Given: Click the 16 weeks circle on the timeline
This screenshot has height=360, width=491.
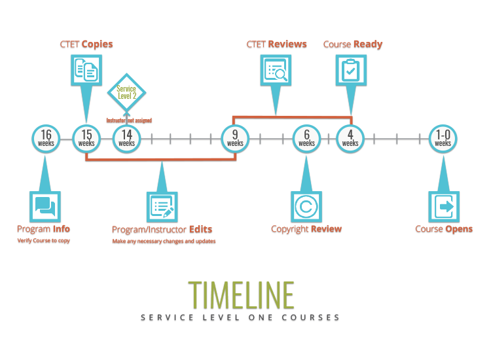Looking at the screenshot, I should click(x=45, y=139).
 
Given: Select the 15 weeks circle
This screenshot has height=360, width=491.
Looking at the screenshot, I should click(x=86, y=139).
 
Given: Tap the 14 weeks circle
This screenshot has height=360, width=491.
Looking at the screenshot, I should click(x=126, y=139).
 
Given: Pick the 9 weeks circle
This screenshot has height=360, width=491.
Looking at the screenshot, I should click(x=235, y=139).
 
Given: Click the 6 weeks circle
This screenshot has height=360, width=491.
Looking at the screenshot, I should click(x=306, y=139).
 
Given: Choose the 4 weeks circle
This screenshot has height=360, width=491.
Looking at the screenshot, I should click(x=350, y=139).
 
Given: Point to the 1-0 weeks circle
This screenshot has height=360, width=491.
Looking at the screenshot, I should click(x=443, y=139).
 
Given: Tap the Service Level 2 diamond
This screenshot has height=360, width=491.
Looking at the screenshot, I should click(x=126, y=92).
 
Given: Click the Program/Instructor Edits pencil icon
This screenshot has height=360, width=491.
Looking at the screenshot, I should click(x=162, y=207).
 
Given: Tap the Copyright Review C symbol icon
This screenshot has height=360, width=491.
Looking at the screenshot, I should click(x=306, y=207).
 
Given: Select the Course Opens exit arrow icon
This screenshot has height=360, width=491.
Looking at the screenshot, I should click(x=443, y=207).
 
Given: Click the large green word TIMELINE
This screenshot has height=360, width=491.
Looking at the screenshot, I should click(x=241, y=296).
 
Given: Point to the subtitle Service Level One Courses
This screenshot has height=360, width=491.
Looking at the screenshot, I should click(x=240, y=317).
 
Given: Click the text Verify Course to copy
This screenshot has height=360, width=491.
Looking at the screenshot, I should click(x=43, y=241).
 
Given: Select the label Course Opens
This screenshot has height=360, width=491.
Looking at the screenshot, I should click(x=443, y=229).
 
